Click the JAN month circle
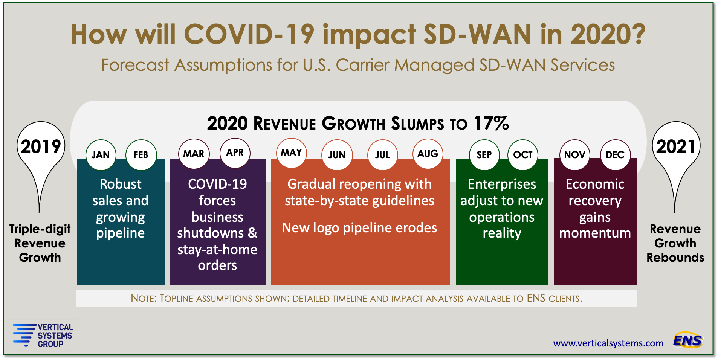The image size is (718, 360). pos(101,155)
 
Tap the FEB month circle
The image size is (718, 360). pos(141,155)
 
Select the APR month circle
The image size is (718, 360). pos(235,153)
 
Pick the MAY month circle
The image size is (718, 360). pos(291,153)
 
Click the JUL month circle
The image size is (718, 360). pos(382,155)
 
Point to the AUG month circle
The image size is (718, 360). pos(428,154)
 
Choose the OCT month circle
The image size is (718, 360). pos(523,155)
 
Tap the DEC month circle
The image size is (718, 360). pos(615,155)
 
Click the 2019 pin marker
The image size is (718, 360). pos(41,146)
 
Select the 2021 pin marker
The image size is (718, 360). pos(676,146)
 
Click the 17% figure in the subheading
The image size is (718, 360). pos(491,124)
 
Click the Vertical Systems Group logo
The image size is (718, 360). pos(43,335)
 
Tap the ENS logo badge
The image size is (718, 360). pos(688,340)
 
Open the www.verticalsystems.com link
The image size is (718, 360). pos(608,343)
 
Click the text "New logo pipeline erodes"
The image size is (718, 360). pos(359,228)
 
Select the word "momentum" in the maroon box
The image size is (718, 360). pos(595,233)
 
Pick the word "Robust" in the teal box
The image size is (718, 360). pos(121,184)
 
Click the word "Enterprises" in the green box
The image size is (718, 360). pos(502,184)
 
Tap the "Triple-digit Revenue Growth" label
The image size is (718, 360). pos(40,243)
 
